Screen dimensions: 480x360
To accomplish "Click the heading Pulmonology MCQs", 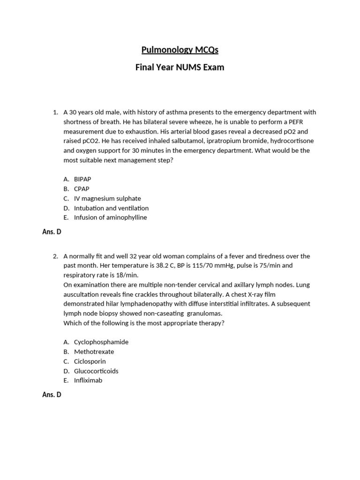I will tap(180, 50).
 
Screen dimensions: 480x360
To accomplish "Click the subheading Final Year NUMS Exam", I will tap(180, 67).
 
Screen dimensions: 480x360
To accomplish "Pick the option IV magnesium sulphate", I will tap(107, 198).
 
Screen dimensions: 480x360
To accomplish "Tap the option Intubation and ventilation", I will tap(111, 208).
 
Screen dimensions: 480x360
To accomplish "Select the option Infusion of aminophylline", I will tap(110, 217).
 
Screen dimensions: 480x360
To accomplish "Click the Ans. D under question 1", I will tap(52, 232).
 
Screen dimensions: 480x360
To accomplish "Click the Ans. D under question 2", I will tap(52, 395).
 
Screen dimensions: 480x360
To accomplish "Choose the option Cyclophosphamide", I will tap(101, 342).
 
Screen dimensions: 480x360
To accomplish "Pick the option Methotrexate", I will tap(94, 352).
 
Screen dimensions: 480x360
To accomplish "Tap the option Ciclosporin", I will tap(90, 361).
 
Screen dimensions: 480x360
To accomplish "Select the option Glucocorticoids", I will tap(96, 371).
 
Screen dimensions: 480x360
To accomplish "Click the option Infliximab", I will tap(88, 380).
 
